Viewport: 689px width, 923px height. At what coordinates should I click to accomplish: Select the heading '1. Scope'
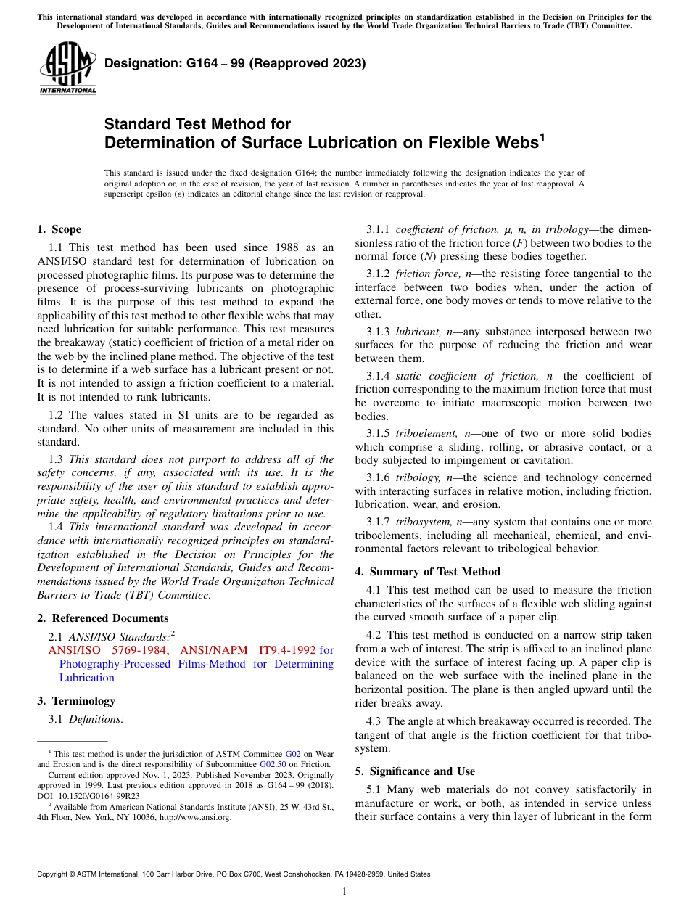(59, 229)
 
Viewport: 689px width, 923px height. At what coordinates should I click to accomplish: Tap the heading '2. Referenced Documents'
(103, 618)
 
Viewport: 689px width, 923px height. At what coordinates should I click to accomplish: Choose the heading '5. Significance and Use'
(415, 771)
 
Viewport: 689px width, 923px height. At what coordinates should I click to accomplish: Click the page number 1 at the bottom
(344, 891)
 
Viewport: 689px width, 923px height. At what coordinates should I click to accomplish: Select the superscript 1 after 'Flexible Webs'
(542, 136)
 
